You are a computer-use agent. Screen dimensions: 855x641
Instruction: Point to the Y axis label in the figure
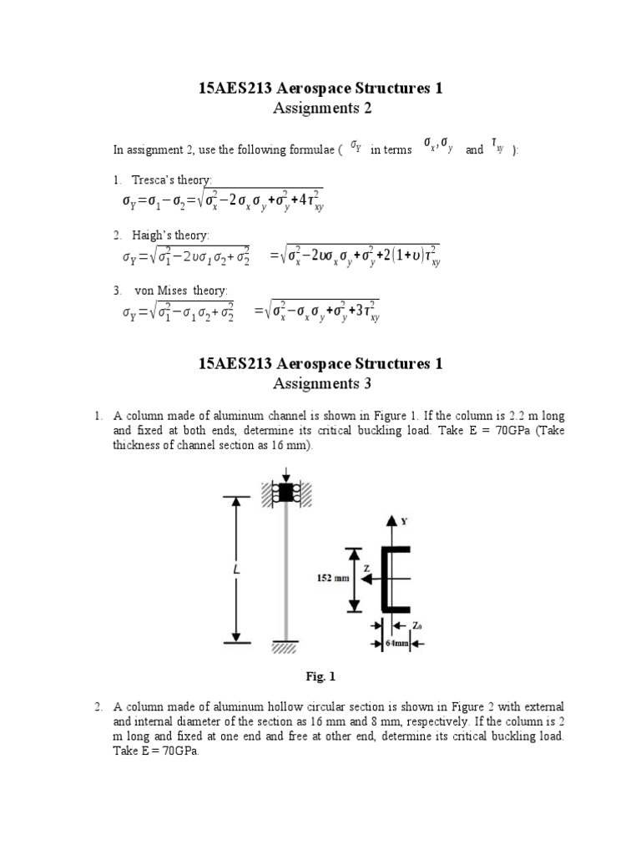tap(405, 521)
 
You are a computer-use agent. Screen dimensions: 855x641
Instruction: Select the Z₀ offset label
tap(418, 625)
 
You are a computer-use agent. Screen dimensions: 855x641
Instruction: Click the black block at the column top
tap(286, 493)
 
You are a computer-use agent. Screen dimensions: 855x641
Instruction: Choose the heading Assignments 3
tap(320, 383)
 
